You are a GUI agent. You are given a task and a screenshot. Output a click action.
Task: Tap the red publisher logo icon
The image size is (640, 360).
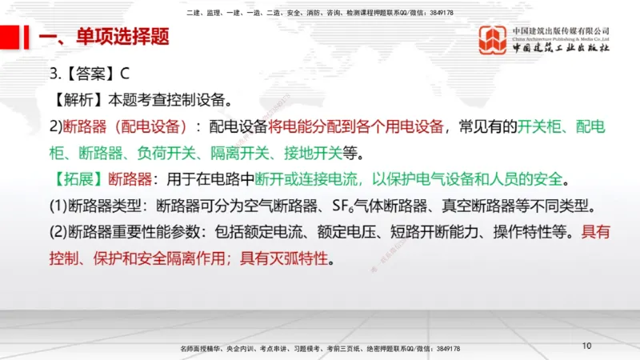point(493,40)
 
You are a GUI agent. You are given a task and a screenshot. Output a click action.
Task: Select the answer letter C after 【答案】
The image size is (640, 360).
point(125,74)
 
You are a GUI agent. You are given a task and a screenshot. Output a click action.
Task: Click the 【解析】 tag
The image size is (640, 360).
point(78,101)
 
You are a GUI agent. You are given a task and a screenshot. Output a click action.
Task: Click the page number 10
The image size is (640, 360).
point(586,346)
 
